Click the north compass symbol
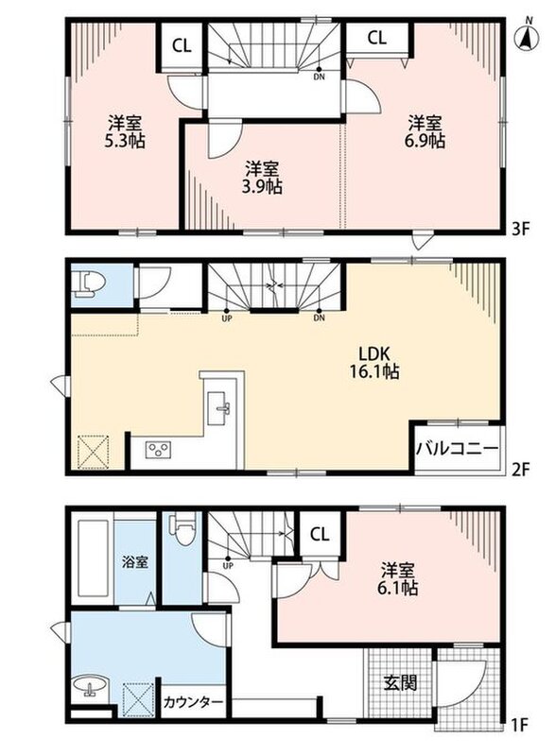coord(529,35)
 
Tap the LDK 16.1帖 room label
coord(378,363)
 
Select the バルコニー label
coord(457,449)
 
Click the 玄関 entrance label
coord(400,682)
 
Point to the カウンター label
coord(193,702)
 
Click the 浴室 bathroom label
coord(135,561)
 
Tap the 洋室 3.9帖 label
coord(262,178)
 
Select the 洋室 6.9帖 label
coord(425,131)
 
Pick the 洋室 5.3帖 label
coord(125,131)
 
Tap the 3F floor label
coord(521,228)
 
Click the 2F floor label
coord(521,469)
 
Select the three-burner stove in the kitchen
coord(158,450)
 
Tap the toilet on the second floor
coord(84,283)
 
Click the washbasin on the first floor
coord(90,687)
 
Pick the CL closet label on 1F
coord(320,534)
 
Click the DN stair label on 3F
coord(320,77)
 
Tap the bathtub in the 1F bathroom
coord(92,558)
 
